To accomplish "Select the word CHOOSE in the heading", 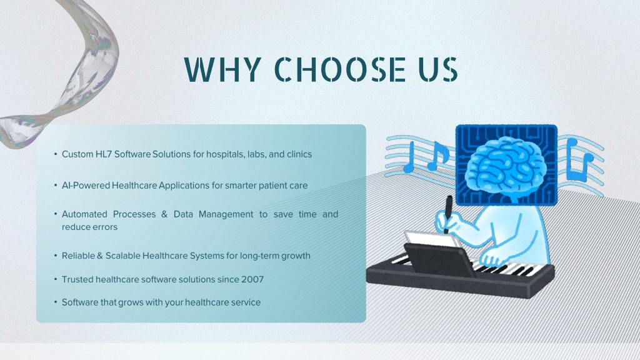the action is [339, 69].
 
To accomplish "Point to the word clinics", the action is [299, 154].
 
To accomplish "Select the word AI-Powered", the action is [86, 185].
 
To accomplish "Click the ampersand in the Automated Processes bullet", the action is [164, 214].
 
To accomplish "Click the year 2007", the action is [252, 279].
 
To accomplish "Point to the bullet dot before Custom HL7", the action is [56, 154].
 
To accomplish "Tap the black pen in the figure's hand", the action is [448, 214].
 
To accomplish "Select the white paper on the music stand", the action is [432, 239].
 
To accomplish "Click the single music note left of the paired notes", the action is [409, 157].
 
